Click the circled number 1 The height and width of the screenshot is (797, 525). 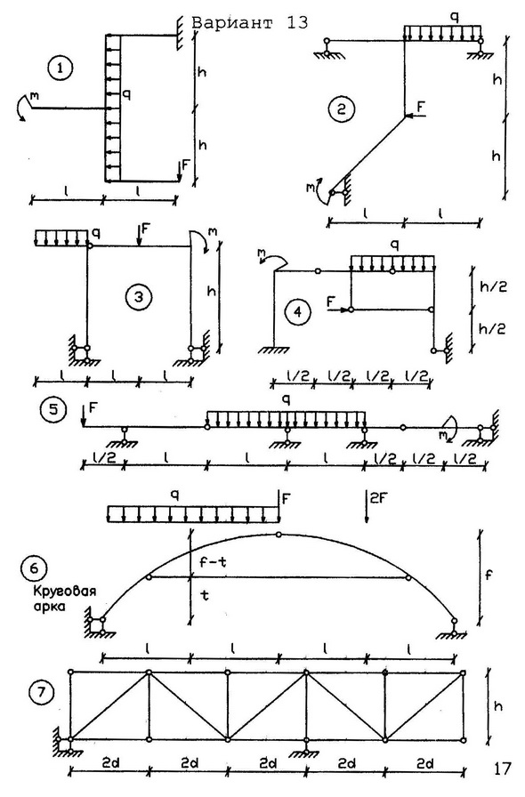coord(61,68)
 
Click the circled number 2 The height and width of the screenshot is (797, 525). coord(341,109)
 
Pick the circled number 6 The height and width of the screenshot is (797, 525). coord(35,568)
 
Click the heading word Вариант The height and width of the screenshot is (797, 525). coord(232,23)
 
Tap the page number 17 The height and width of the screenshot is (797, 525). coord(502,769)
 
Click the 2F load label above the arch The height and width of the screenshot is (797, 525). coord(378,499)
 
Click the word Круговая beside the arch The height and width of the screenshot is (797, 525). coord(65,592)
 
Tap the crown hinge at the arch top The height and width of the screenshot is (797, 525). coord(279,535)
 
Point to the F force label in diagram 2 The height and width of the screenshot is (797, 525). coord(421,107)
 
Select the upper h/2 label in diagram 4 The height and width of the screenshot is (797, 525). coord(493,286)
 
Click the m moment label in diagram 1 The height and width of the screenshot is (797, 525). coord(34,94)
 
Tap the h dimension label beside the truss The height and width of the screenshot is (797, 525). coord(498,706)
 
